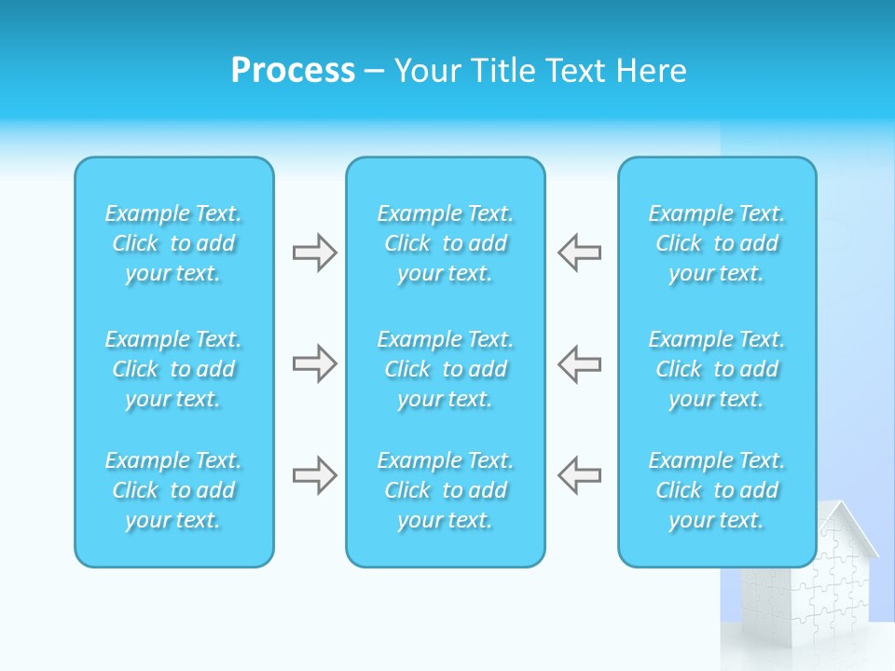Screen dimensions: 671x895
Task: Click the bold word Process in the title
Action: tap(293, 71)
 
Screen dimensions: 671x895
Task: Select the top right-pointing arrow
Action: tap(314, 253)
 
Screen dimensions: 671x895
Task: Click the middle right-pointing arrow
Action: tap(314, 363)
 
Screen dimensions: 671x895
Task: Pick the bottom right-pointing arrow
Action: tap(314, 475)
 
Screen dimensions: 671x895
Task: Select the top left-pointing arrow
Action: tap(579, 253)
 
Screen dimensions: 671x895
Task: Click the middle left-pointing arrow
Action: tap(579, 363)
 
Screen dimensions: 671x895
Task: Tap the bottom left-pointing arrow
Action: tap(579, 475)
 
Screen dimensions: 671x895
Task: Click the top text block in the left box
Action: tap(173, 243)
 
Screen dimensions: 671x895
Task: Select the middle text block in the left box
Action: tap(173, 369)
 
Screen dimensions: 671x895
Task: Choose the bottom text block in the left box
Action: tap(173, 490)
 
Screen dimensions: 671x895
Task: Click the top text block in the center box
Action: tap(445, 243)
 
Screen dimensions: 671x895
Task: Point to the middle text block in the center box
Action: tap(445, 369)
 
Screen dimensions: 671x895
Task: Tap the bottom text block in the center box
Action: tap(445, 490)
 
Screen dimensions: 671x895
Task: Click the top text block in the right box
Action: tap(716, 243)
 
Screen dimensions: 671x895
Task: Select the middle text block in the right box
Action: tap(716, 369)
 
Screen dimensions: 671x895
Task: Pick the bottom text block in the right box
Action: tap(716, 490)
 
